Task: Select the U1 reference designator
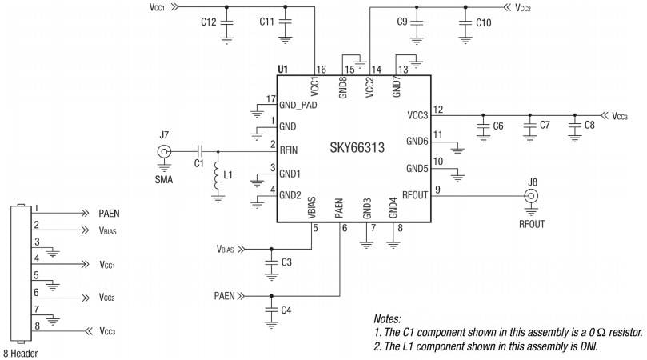pos(282,70)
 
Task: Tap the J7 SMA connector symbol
pos(164,151)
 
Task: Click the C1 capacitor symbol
pos(200,151)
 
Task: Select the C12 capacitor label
pos(208,23)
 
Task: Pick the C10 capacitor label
pos(483,23)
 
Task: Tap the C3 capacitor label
pos(286,262)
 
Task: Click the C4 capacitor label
pos(286,310)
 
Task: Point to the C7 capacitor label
pos(545,126)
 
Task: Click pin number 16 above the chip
pos(321,70)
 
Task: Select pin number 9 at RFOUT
pos(437,190)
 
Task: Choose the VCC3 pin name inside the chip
pos(417,115)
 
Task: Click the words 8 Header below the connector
pos(21,352)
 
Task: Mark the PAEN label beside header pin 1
pos(110,214)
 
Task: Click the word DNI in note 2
pos(587,346)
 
